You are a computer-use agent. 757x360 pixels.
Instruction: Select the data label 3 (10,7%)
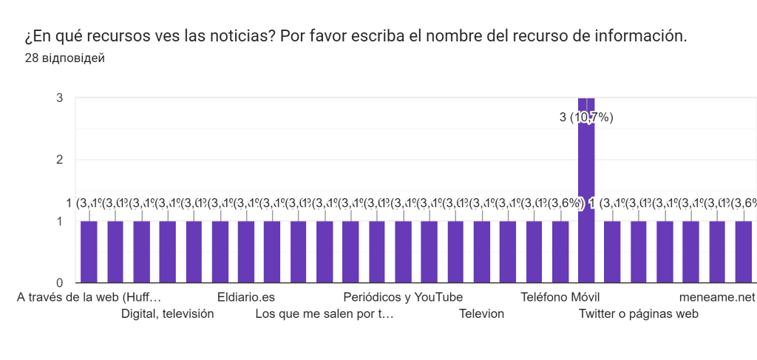click(x=586, y=118)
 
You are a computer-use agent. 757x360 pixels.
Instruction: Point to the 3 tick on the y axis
click(x=58, y=98)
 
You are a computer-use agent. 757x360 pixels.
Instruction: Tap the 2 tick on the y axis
click(x=58, y=160)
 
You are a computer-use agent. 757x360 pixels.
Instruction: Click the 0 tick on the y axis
click(x=58, y=282)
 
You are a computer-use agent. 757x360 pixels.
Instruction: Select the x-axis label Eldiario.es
click(x=246, y=297)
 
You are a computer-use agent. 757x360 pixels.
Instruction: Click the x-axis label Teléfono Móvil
click(x=560, y=297)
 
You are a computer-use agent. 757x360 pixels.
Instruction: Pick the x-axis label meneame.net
click(x=717, y=297)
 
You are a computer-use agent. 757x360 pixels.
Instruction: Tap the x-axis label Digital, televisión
click(x=167, y=313)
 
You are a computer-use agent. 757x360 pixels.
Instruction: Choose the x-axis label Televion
click(x=481, y=313)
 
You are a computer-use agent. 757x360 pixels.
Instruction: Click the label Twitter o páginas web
click(x=639, y=313)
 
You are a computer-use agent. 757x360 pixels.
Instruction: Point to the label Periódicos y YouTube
click(x=403, y=297)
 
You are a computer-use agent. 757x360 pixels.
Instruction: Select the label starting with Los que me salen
click(x=325, y=313)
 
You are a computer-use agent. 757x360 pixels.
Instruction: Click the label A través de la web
click(x=89, y=297)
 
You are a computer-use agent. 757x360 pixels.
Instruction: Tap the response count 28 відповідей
click(x=64, y=58)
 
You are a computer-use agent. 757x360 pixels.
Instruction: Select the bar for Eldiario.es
click(x=246, y=251)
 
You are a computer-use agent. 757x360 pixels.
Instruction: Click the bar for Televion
click(x=482, y=251)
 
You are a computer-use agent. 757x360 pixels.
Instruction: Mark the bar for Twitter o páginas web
click(x=639, y=251)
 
